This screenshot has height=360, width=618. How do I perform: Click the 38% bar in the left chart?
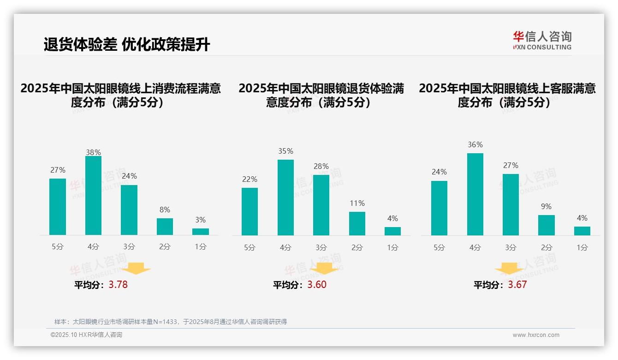[93, 196]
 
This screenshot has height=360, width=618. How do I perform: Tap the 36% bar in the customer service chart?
[475, 194]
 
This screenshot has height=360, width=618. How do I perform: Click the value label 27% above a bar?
[58, 170]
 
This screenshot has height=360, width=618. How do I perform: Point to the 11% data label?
[357, 204]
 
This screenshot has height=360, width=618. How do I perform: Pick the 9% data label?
[546, 207]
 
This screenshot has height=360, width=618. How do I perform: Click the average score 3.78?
[118, 285]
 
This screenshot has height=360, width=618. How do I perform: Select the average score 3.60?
[317, 285]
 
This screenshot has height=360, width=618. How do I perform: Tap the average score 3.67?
[517, 285]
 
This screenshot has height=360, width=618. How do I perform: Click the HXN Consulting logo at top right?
[542, 41]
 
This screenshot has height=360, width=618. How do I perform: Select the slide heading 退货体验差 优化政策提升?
[127, 45]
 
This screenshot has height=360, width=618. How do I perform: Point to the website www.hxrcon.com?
[535, 335]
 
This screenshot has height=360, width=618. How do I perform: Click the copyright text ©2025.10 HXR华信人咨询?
[86, 335]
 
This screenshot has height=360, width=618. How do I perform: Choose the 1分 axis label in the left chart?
[201, 247]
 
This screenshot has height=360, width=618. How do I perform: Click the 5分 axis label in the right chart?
[439, 248]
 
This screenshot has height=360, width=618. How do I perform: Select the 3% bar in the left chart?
[201, 232]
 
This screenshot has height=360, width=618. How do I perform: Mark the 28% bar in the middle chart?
[321, 205]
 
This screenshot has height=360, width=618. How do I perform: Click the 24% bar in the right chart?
[439, 208]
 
